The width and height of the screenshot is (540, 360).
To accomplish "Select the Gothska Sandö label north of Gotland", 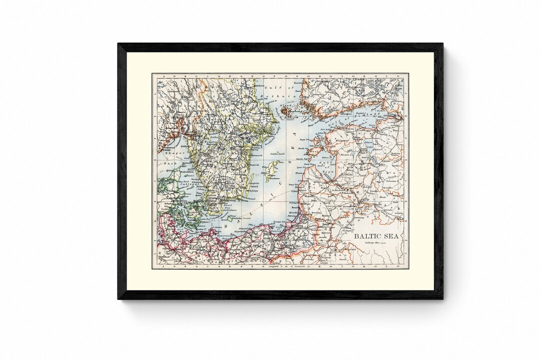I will click(278, 153).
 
